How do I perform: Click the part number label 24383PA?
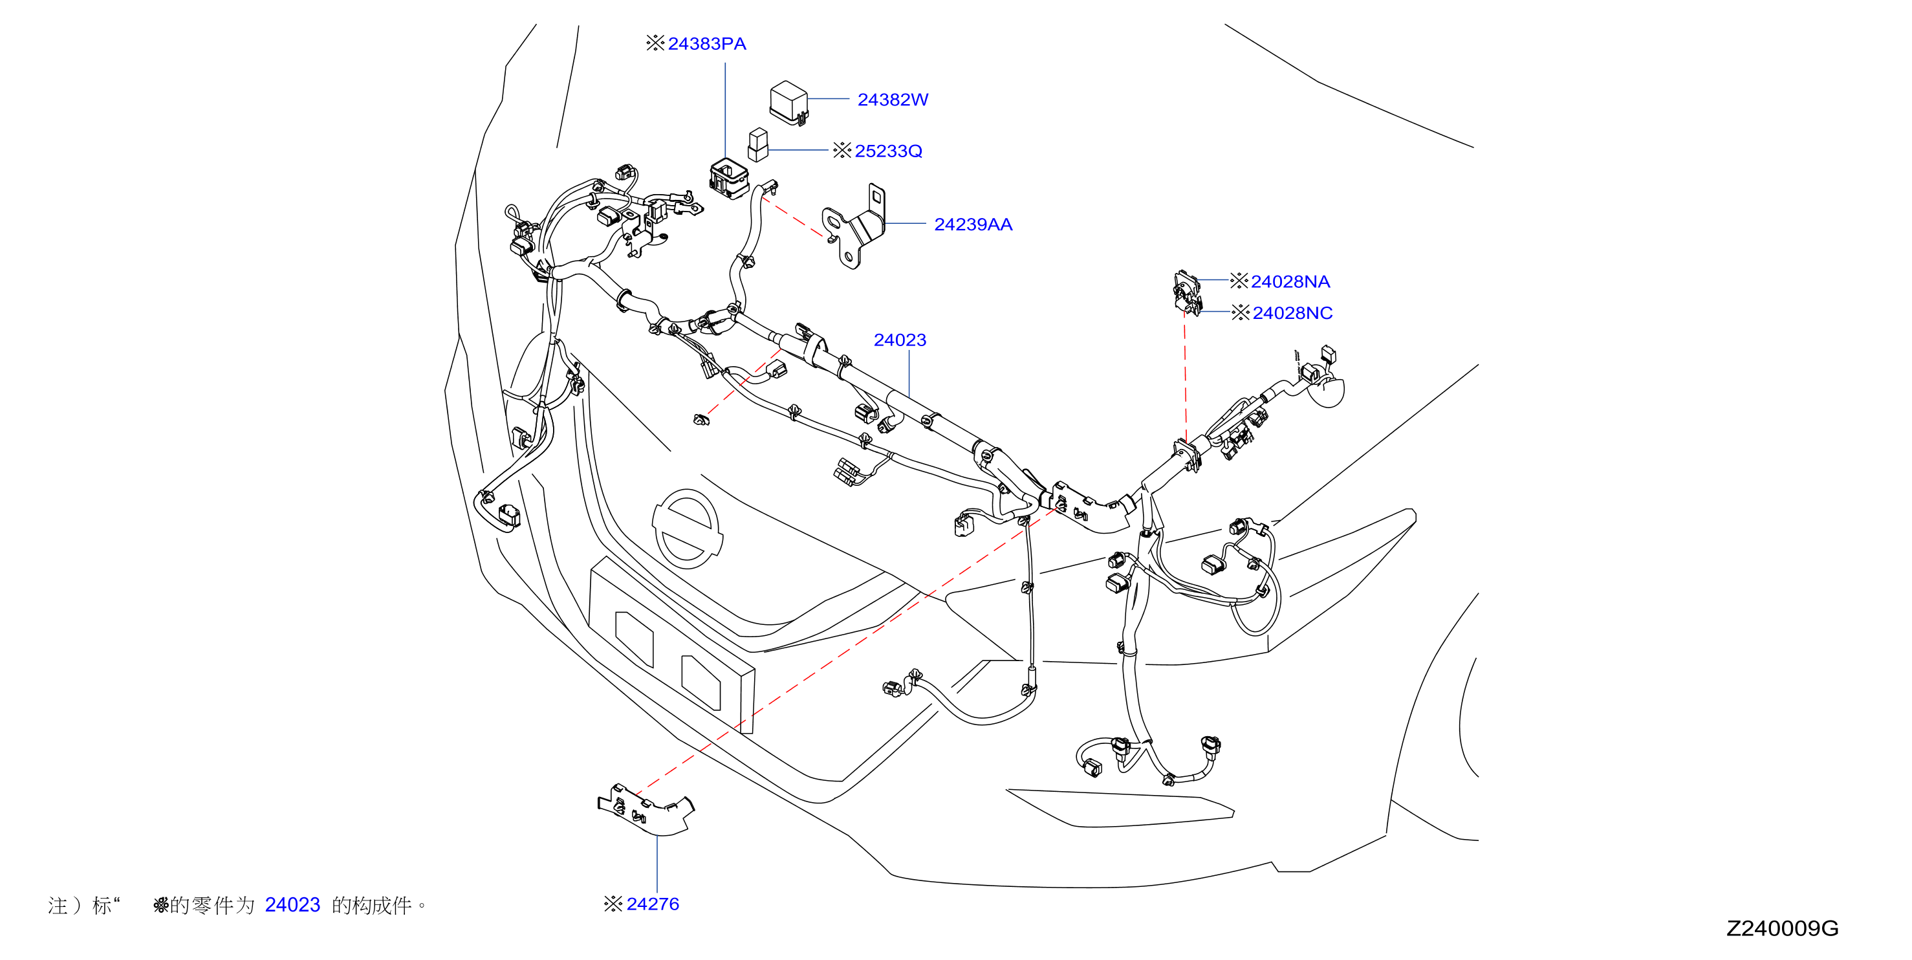[x=706, y=44]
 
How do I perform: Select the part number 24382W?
[x=892, y=100]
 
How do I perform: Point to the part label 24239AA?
[x=972, y=224]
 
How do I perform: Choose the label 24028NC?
[x=1292, y=312]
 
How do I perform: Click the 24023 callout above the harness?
[x=900, y=340]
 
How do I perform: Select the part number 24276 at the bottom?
[x=653, y=904]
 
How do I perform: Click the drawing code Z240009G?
[x=1781, y=928]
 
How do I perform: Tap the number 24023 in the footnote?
[x=292, y=904]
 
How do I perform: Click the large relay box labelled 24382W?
[x=788, y=102]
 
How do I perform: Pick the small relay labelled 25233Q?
[x=758, y=145]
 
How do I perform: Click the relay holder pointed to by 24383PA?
[x=729, y=178]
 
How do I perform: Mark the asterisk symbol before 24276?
[x=613, y=904]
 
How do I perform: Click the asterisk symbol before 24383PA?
[x=655, y=43]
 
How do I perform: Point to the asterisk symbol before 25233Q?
[x=842, y=150]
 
